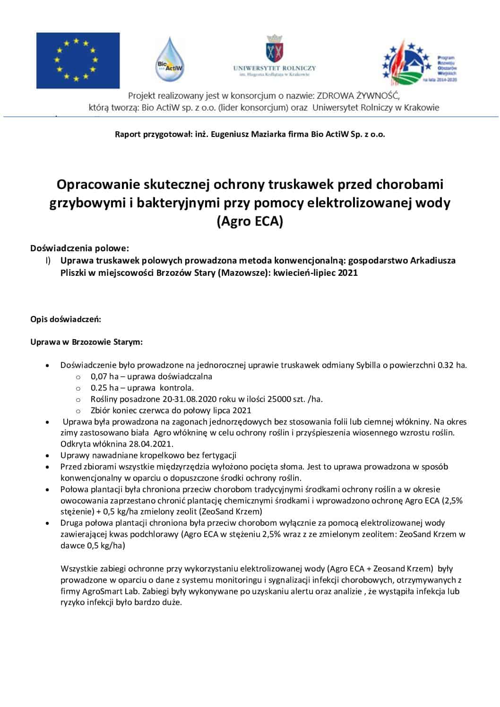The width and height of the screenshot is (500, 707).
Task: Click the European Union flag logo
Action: (78, 60)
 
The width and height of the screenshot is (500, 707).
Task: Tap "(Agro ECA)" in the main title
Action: (250, 221)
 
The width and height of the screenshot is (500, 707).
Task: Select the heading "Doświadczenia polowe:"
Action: (80, 248)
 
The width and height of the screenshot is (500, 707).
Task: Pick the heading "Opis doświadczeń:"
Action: (66, 319)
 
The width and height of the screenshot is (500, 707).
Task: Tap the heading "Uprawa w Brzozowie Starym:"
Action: (86, 342)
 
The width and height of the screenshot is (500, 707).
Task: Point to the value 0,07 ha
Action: (104, 376)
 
